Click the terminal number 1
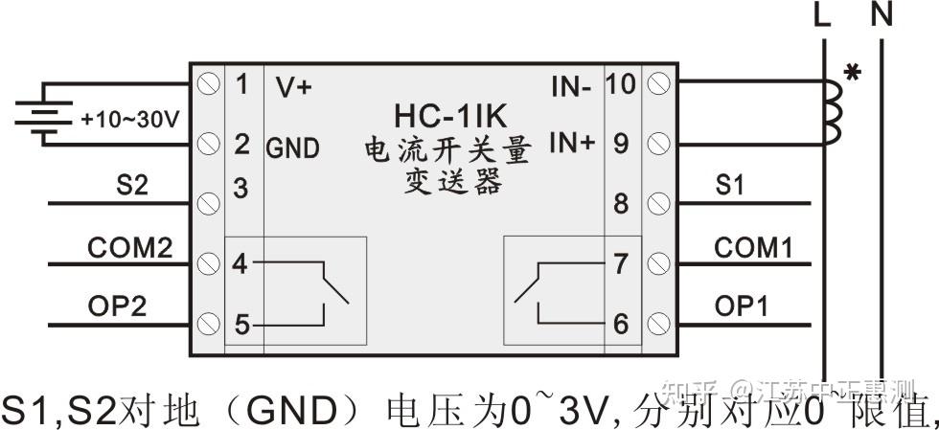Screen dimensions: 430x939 pyautogui.click(x=241, y=84)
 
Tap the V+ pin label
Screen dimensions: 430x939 pyautogui.click(x=293, y=86)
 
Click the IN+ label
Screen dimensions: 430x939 pyautogui.click(x=572, y=144)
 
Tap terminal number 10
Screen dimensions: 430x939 pyautogui.click(x=621, y=84)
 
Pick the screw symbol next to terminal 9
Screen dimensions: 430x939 pyautogui.click(x=657, y=145)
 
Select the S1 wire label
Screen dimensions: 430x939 pyautogui.click(x=729, y=186)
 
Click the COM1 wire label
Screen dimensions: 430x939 pyautogui.click(x=753, y=248)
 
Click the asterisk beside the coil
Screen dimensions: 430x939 pyautogui.click(x=850, y=73)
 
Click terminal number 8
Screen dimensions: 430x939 pyautogui.click(x=621, y=204)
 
